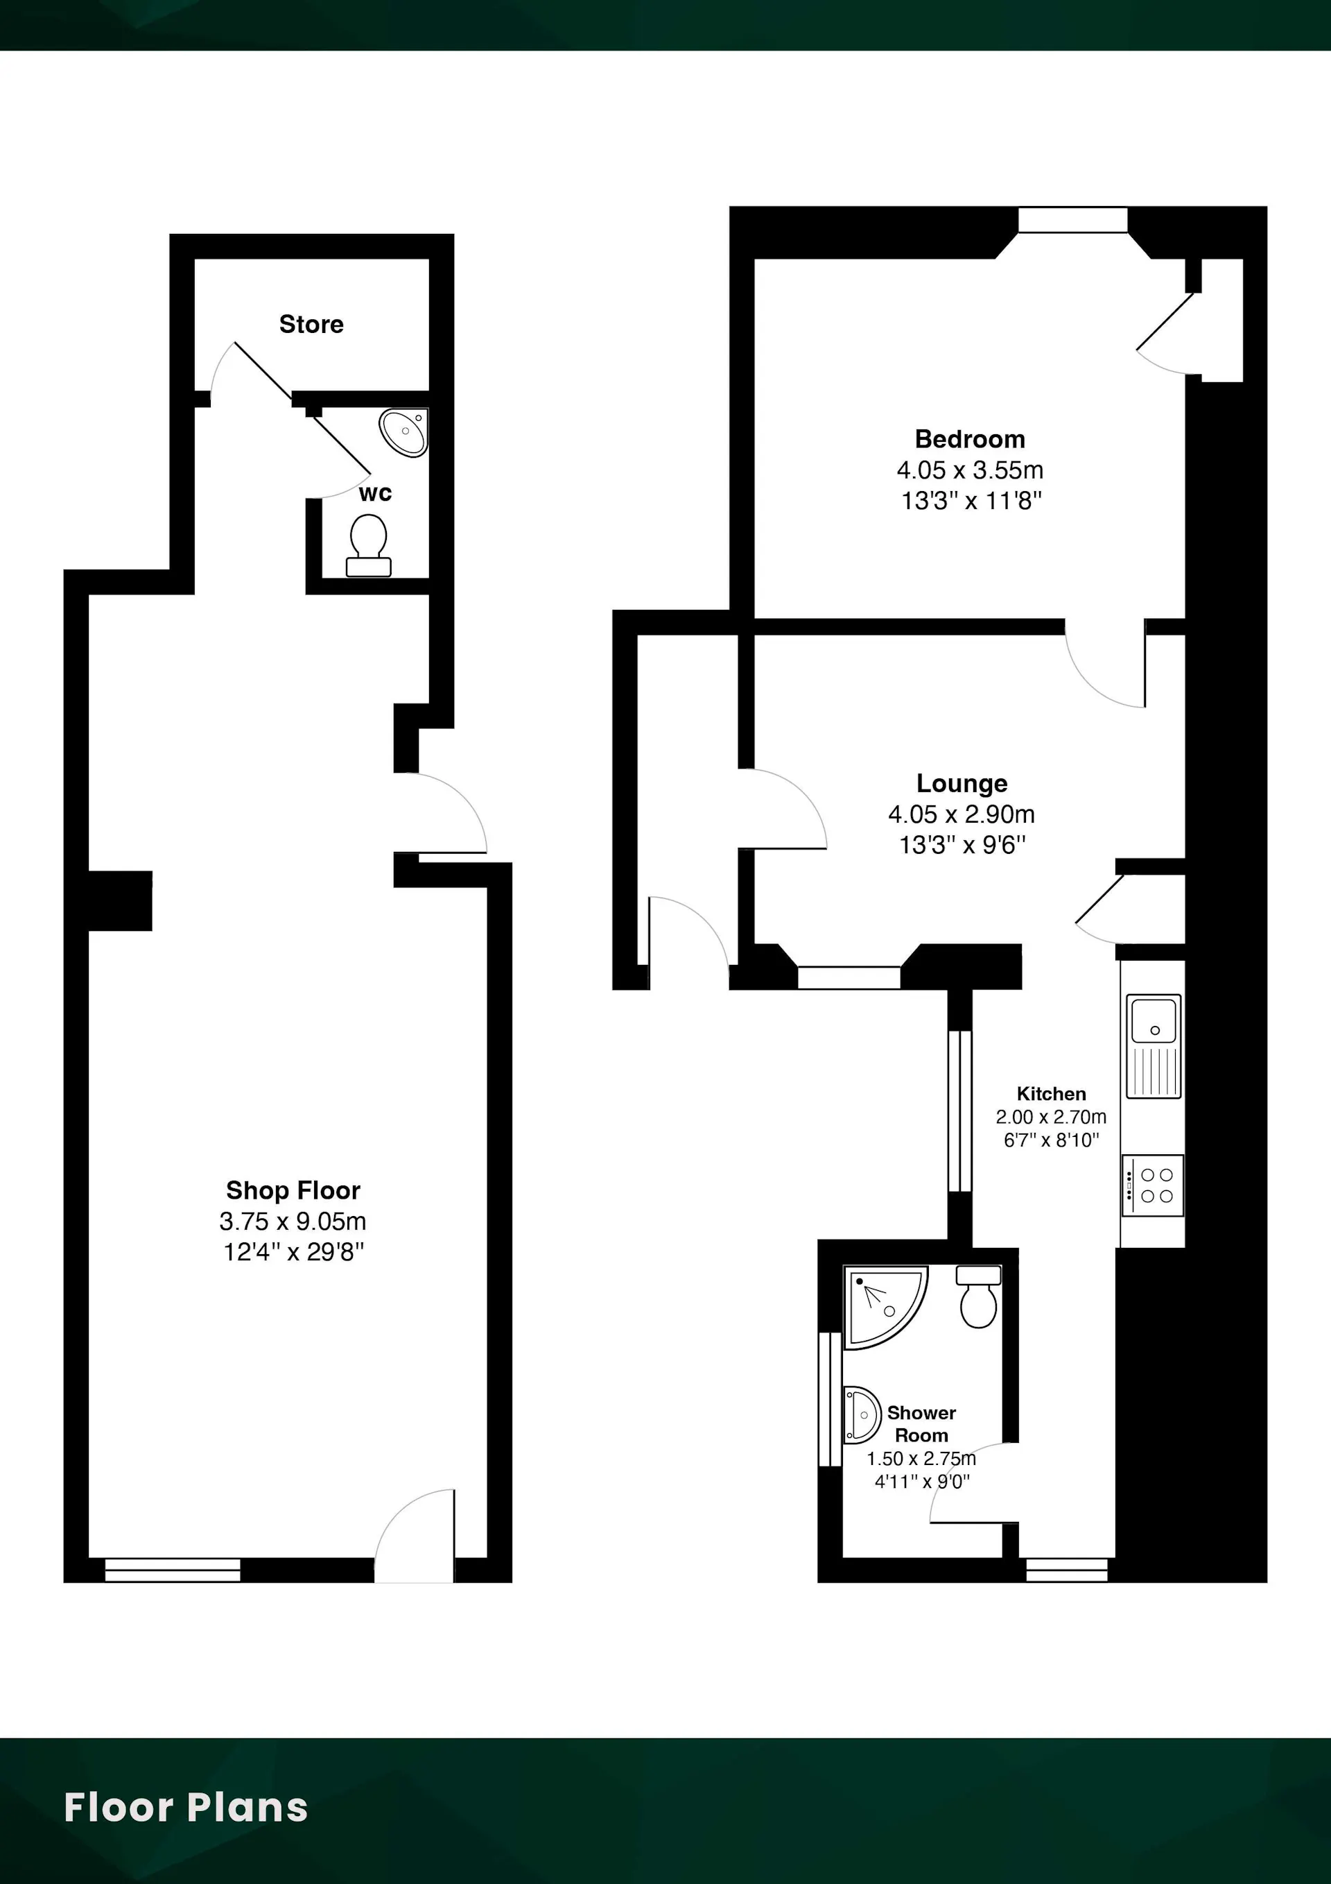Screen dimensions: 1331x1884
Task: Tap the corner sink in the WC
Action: pyautogui.click(x=404, y=432)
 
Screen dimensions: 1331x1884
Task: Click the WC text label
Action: pyautogui.click(x=375, y=493)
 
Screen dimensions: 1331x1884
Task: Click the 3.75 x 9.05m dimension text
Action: pyautogui.click(x=293, y=1221)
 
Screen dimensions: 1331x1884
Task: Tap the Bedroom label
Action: pyautogui.click(x=970, y=439)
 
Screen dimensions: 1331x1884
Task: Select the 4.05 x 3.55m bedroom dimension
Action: pyautogui.click(x=970, y=470)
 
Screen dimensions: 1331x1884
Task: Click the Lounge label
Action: pyautogui.click(x=962, y=784)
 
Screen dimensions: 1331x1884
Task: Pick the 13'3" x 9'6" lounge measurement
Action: pyautogui.click(x=962, y=844)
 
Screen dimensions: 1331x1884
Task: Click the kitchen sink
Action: pyautogui.click(x=1154, y=1047)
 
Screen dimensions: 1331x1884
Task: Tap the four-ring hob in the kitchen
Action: pyautogui.click(x=1153, y=1185)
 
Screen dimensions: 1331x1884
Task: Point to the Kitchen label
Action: pyautogui.click(x=1052, y=1094)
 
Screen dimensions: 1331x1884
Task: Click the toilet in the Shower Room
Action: pyautogui.click(x=978, y=1296)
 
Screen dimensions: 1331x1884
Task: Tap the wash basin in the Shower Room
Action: pyautogui.click(x=861, y=1414)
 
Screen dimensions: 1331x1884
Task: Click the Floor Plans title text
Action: pyautogui.click(x=186, y=1808)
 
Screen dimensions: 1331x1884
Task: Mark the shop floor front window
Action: pyautogui.click(x=173, y=1570)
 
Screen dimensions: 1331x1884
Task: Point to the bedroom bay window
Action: pyautogui.click(x=1072, y=220)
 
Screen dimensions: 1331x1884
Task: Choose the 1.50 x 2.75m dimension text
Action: pyautogui.click(x=922, y=1458)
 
